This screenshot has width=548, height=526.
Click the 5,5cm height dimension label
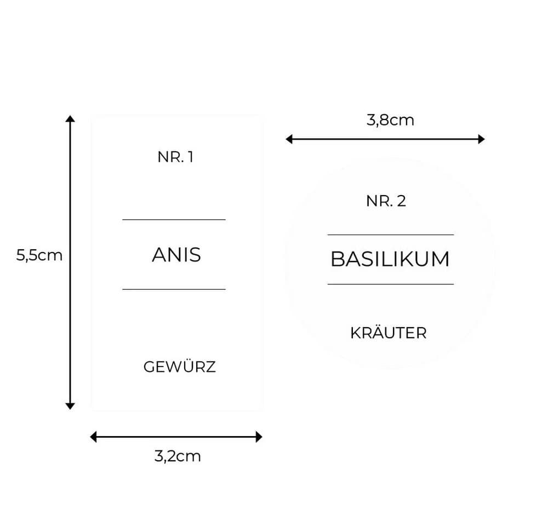point(39,255)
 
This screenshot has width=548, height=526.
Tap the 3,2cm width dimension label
point(178,456)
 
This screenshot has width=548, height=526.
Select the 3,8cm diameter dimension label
point(390,120)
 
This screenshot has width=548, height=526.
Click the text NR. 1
point(175,157)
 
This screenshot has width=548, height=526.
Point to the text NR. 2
point(386,201)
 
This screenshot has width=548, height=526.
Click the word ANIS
point(176,255)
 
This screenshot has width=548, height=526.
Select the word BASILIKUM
point(390,259)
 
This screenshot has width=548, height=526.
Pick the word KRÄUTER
point(389,332)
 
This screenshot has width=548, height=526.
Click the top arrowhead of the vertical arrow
point(70,118)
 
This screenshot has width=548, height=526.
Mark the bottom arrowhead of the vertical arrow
point(70,406)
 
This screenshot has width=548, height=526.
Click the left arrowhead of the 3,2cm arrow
point(93,437)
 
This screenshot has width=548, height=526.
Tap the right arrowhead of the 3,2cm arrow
point(259,437)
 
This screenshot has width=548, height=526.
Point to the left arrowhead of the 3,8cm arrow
point(289,139)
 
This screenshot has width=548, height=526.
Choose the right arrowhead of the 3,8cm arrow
point(482,139)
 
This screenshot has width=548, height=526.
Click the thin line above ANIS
point(174,220)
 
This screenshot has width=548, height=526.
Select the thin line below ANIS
point(174,289)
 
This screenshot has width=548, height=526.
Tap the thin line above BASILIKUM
point(391,235)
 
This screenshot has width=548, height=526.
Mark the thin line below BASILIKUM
point(391,284)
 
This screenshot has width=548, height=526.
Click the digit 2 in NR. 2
point(402,201)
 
